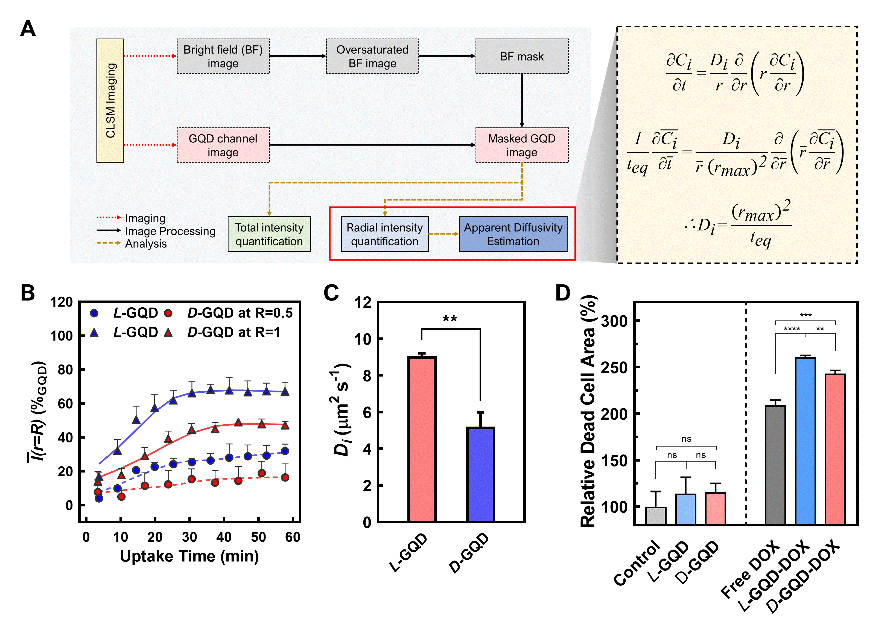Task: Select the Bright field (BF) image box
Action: tap(223, 56)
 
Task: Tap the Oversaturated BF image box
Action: tap(372, 56)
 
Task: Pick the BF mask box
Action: tap(522, 56)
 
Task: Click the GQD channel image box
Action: tap(223, 145)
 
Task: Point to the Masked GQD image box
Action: tap(522, 145)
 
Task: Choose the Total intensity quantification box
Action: tap(269, 234)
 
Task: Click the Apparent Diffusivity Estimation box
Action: tap(513, 234)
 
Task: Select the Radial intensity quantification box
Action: tap(384, 234)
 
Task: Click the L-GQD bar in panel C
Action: tap(422, 439)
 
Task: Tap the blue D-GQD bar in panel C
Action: tap(480, 474)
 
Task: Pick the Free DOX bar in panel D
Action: tap(775, 464)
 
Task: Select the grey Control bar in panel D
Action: tap(656, 515)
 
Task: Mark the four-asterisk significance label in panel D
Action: tap(792, 329)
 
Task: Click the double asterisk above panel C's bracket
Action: tap(450, 319)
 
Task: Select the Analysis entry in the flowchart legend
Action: tap(145, 244)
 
